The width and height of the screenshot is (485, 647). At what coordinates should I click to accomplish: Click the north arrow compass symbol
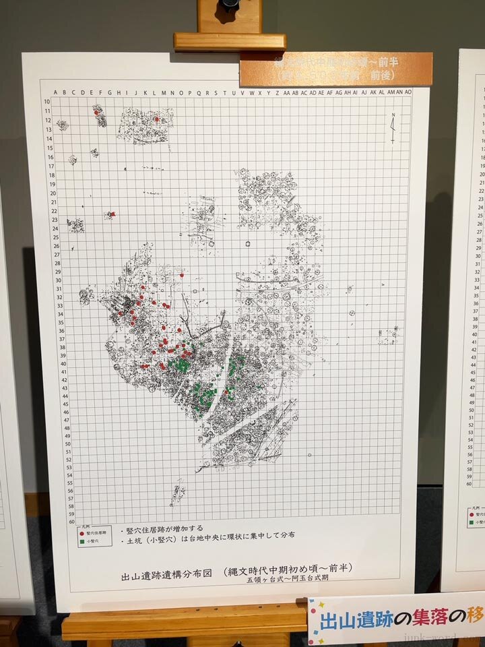[x=393, y=127]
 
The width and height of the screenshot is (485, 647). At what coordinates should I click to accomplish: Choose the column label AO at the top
[x=409, y=92]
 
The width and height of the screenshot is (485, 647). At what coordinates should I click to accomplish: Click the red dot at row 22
[x=112, y=214]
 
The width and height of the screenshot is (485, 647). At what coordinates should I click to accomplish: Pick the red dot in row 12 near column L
[x=156, y=119]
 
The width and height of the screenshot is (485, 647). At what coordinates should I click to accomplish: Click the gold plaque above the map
[x=335, y=69]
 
